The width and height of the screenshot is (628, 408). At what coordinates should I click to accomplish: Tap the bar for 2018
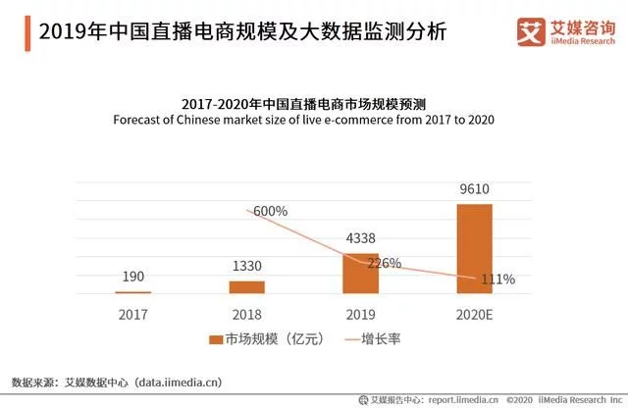(x=247, y=286)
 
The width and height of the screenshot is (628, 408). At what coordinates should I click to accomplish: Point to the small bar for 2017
(x=133, y=292)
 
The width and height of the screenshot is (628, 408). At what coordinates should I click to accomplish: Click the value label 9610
(x=474, y=190)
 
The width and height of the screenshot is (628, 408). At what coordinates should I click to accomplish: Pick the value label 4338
(x=360, y=237)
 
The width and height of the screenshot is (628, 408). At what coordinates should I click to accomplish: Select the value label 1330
(x=247, y=267)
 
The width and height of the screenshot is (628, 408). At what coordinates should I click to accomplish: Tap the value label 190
(x=133, y=278)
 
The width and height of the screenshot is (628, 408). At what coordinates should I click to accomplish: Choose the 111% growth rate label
(x=497, y=280)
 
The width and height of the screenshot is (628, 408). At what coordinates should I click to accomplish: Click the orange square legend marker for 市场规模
(x=215, y=339)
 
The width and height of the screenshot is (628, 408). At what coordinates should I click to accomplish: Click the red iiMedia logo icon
(x=531, y=29)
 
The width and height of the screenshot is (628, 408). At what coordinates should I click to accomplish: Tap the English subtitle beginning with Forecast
(x=303, y=120)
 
